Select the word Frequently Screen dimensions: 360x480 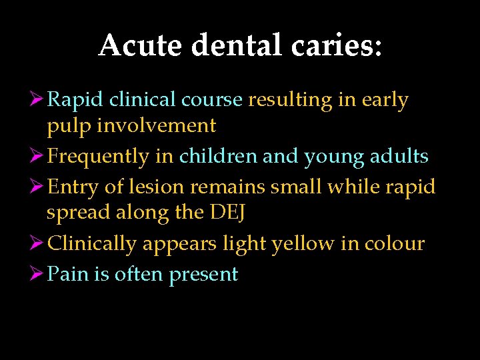(99, 157)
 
